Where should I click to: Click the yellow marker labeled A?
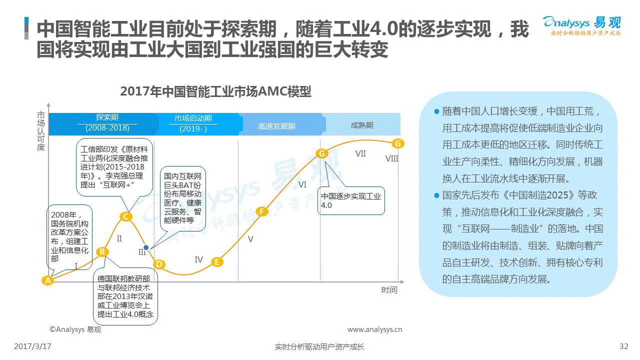coord(47,280)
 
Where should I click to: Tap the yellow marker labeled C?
coord(125,216)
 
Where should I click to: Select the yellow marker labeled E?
coord(217,262)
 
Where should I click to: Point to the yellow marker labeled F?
coord(261,211)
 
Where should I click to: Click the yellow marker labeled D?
coord(159,264)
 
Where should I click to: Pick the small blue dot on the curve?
coord(146,247)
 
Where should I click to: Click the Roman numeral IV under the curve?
coord(198,259)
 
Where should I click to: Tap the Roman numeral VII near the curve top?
coord(360,153)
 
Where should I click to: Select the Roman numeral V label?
coord(250,239)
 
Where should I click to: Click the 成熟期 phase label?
coord(362,125)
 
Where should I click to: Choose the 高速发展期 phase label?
coord(276,126)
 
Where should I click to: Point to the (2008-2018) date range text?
coord(107,128)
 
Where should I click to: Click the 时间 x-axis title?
coord(389,290)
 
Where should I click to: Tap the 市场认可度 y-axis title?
coord(41,131)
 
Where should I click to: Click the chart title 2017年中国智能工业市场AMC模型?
coord(215,91)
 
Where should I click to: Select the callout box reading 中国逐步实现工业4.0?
coord(351,200)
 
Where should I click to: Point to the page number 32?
coord(623,346)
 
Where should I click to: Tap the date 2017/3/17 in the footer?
coord(32,346)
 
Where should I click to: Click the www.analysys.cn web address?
coord(374,329)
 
